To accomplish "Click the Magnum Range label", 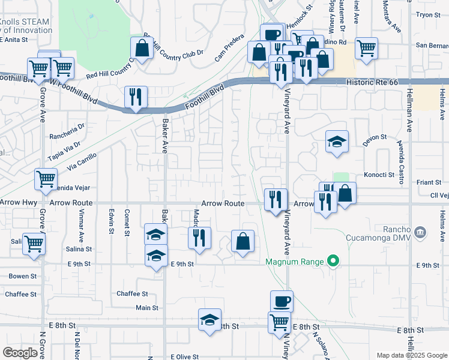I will [294, 261].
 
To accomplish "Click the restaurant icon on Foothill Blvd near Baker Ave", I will [136, 97].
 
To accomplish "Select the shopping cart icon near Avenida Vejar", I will [46, 179].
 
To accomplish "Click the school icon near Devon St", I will [337, 142].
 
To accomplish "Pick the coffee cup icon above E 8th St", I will [280, 301].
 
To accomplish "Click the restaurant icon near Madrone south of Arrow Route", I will [199, 238].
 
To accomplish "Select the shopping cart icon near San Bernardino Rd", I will [366, 48].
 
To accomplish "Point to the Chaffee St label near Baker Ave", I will [132, 293].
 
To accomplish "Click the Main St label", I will [147, 308].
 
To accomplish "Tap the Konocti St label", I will [378, 175].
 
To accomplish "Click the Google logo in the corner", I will [20, 353].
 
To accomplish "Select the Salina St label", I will [79, 248].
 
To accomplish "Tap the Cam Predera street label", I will [230, 52].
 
